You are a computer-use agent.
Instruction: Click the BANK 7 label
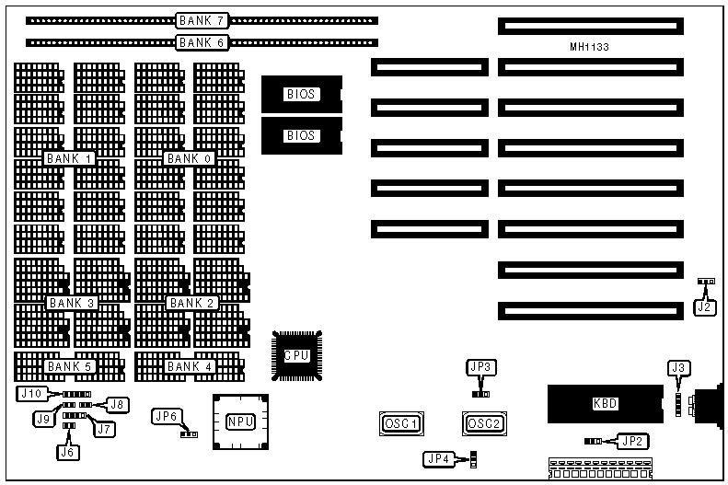pyautogui.click(x=201, y=19)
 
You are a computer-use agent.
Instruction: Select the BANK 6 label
pyautogui.click(x=201, y=42)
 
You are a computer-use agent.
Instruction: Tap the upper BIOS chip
pyautogui.click(x=301, y=94)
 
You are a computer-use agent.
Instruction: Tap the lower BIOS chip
pyautogui.click(x=301, y=135)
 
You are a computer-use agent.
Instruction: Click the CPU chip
pyautogui.click(x=296, y=356)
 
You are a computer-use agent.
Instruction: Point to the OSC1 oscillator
pyautogui.click(x=400, y=423)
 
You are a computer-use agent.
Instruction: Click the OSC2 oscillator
pyautogui.click(x=483, y=423)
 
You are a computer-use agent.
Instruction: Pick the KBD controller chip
pyautogui.click(x=605, y=404)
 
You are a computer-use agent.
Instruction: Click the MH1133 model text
pyautogui.click(x=589, y=47)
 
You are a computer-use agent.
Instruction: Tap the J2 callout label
pyautogui.click(x=704, y=307)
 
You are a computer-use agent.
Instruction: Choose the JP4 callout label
pyautogui.click(x=439, y=457)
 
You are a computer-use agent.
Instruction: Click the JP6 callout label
pyautogui.click(x=167, y=416)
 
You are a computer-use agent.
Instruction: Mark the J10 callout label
pyautogui.click(x=30, y=393)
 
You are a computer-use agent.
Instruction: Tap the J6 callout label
pyautogui.click(x=66, y=452)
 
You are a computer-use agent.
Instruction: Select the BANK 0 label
pyautogui.click(x=189, y=158)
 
